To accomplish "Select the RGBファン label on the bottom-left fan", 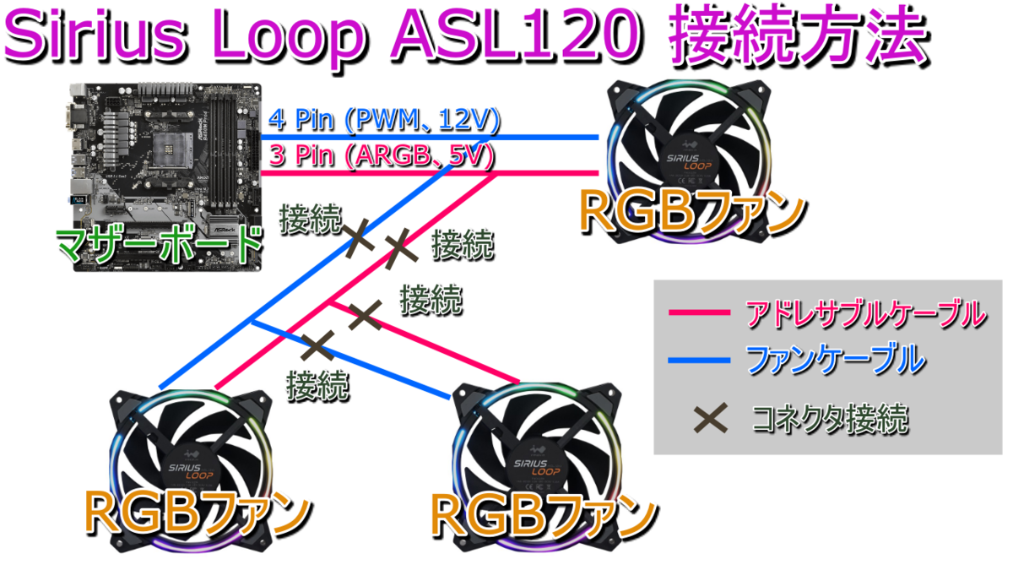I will [x=198, y=512].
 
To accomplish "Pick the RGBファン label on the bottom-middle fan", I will [x=544, y=512].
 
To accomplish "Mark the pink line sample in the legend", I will [x=698, y=314].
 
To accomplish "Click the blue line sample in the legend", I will [x=698, y=361].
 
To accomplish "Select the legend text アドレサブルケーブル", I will [x=865, y=314].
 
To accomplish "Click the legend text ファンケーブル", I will [x=836, y=361].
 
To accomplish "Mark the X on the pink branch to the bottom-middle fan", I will [x=365, y=316].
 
